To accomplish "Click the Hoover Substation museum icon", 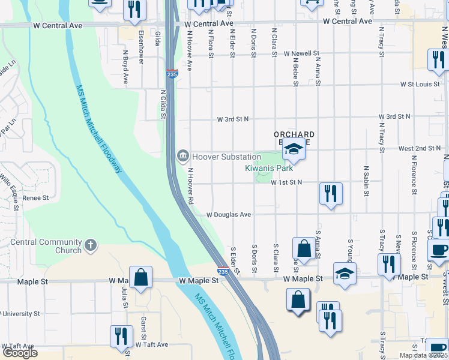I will tap(182, 157).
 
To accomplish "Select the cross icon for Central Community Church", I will tap(91, 245).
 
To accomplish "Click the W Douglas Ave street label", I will tap(229, 214).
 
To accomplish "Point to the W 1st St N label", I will tap(286, 182).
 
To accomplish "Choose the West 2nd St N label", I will tap(420, 148).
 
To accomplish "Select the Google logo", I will tap(20, 353).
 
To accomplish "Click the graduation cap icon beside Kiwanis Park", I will tap(294, 148).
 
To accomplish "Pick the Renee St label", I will tap(35, 197).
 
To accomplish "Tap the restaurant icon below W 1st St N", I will tap(330, 193).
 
